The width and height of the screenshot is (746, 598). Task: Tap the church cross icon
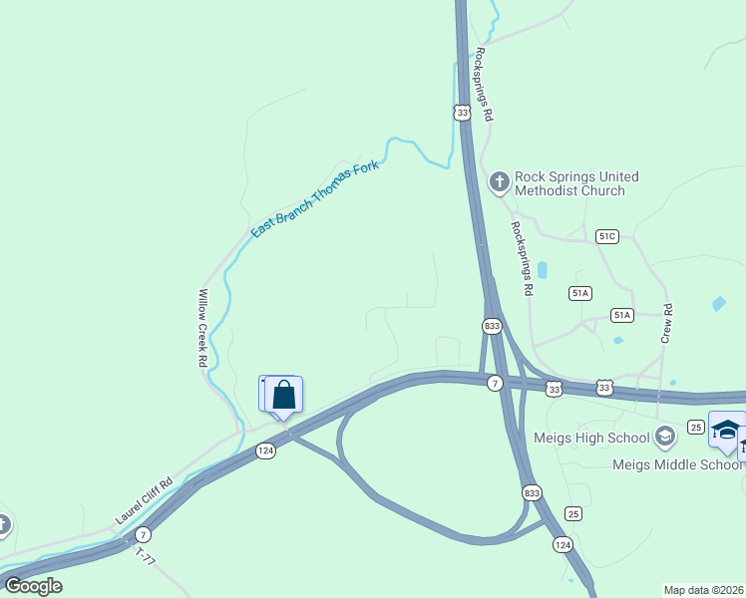coord(500,182)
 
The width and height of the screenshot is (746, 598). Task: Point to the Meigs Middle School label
coord(691,464)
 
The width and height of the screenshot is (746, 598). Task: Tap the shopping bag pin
coord(284,395)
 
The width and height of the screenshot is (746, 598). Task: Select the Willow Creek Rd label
coord(202,329)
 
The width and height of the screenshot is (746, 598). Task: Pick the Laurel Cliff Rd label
coord(145,500)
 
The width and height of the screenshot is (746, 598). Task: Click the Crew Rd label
coord(667,324)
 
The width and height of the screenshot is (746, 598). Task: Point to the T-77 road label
coord(146,556)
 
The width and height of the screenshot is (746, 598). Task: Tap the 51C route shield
coord(607,236)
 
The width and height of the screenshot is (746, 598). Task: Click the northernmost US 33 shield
coord(461,114)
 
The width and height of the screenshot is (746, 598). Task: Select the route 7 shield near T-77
coord(144,534)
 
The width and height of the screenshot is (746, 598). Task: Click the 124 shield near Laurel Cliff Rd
coord(265,450)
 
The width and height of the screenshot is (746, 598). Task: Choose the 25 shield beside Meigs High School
coord(696,427)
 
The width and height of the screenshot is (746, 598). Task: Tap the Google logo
coord(33,586)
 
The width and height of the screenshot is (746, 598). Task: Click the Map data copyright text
coord(703,590)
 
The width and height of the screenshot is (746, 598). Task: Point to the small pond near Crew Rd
coord(719,303)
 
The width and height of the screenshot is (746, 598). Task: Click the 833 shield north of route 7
coord(492,326)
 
